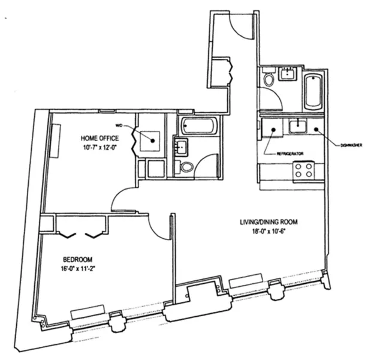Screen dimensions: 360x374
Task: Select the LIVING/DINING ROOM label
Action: [x=266, y=222]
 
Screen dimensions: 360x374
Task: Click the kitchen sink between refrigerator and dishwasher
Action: [x=297, y=127]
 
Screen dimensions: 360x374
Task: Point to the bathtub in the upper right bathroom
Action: [x=313, y=91]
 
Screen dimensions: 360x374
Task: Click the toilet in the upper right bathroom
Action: [x=269, y=79]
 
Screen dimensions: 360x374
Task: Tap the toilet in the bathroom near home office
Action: [x=186, y=166]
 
